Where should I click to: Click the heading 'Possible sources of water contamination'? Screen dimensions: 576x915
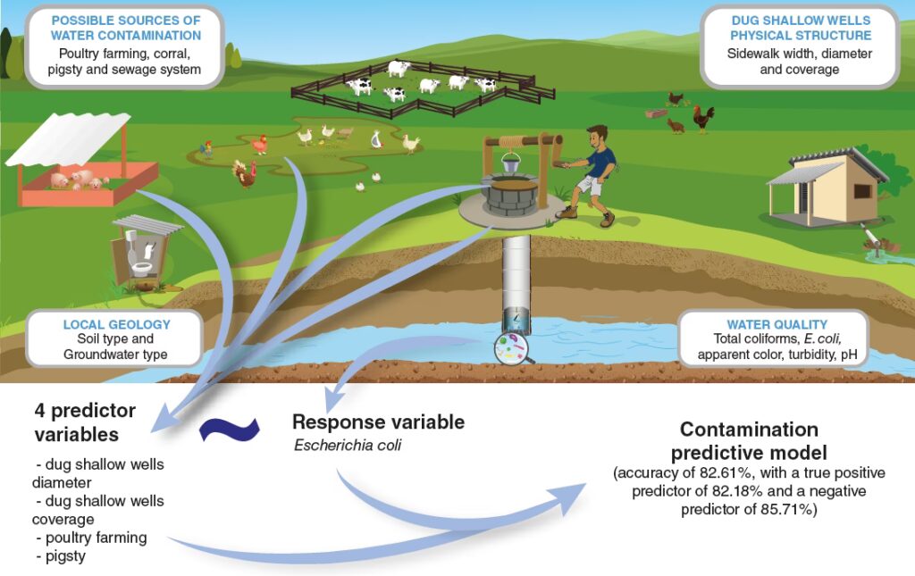point(125,28)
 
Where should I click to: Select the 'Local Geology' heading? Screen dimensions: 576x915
point(116,323)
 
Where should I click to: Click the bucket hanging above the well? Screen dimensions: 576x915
point(510,163)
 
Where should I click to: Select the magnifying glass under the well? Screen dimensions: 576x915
point(512,347)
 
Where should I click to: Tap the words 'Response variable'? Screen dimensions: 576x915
point(379,422)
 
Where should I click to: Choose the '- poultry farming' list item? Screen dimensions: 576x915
point(91,538)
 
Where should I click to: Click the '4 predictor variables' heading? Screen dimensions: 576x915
point(85,422)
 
